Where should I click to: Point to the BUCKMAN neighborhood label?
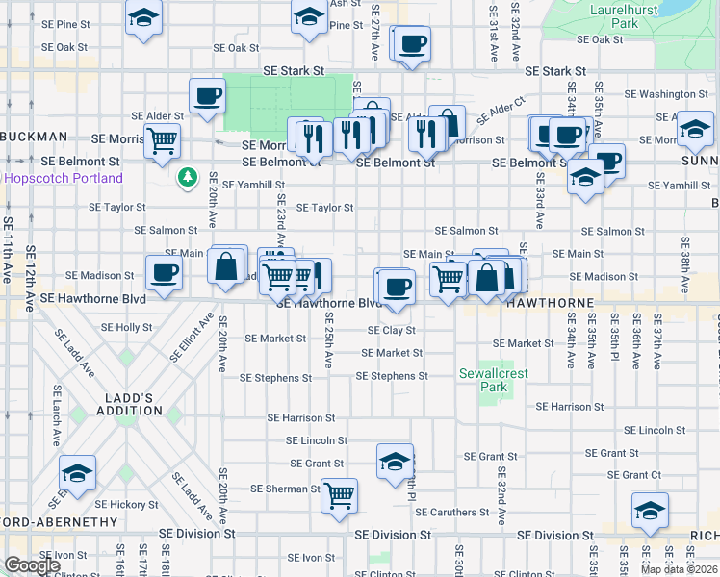click(x=34, y=137)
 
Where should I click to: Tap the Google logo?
click(x=32, y=565)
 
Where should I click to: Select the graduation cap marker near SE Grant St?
click(x=395, y=462)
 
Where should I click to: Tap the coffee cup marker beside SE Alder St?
click(x=208, y=96)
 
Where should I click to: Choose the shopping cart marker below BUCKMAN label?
click(x=163, y=141)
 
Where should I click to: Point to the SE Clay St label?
click(x=391, y=330)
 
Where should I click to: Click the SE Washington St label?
click(x=666, y=94)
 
